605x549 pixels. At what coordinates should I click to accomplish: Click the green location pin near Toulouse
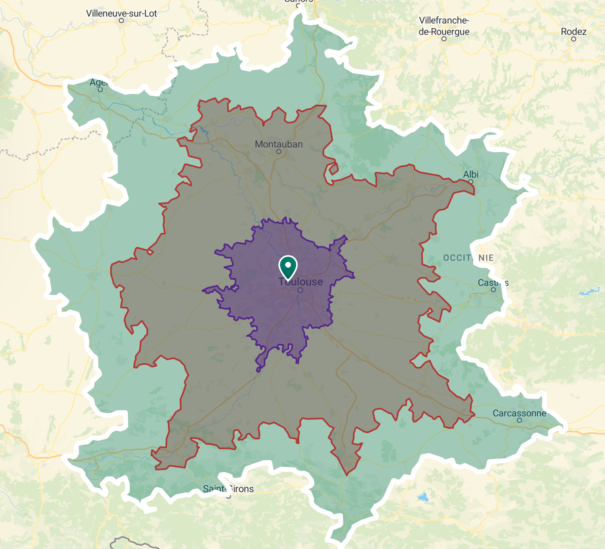(288, 266)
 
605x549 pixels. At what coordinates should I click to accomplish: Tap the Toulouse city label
(301, 282)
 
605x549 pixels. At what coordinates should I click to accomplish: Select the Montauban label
(279, 144)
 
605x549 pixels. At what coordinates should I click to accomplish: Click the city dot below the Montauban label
(279, 152)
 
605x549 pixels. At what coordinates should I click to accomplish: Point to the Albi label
(471, 174)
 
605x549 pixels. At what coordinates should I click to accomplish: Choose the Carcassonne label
(520, 413)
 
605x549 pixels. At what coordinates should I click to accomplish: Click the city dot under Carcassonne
(520, 421)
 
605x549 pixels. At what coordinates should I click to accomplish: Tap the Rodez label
(574, 32)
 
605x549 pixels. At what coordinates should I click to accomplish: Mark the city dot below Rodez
(574, 39)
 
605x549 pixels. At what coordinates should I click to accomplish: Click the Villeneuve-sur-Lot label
(121, 13)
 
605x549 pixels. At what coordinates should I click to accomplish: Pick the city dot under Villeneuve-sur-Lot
(121, 21)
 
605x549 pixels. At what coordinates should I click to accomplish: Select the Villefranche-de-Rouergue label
(444, 26)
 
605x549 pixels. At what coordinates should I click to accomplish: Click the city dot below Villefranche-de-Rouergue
(444, 39)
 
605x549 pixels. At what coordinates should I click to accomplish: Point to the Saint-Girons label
(228, 489)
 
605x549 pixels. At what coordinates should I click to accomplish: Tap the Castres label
(493, 283)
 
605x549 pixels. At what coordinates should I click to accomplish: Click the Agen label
(98, 83)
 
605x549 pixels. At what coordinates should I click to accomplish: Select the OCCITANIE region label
(468, 258)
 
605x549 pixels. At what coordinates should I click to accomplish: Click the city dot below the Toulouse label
(300, 290)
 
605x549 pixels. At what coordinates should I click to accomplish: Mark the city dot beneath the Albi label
(471, 182)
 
